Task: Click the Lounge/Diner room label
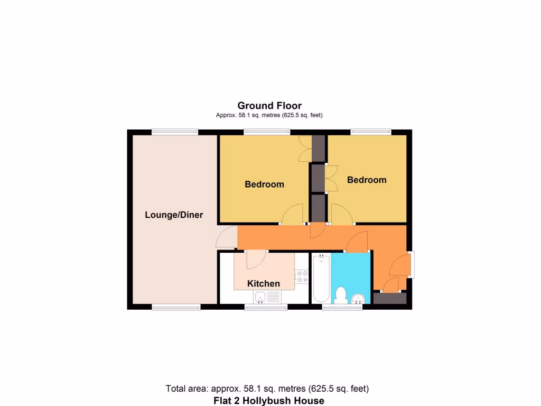click(174, 215)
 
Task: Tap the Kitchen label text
click(264, 284)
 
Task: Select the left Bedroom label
click(264, 184)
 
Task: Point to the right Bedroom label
click(367, 180)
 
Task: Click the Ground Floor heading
click(269, 106)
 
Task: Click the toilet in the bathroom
click(341, 294)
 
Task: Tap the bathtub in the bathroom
click(321, 278)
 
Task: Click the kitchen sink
click(260, 299)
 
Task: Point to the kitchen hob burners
click(302, 276)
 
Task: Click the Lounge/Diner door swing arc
click(226, 237)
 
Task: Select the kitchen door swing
click(256, 259)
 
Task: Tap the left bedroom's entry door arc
click(293, 215)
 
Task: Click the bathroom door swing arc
click(358, 242)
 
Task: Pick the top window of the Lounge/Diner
click(175, 132)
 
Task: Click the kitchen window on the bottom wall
click(266, 307)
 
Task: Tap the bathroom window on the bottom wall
click(342, 307)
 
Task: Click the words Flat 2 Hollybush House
click(269, 400)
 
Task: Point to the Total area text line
click(267, 389)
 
